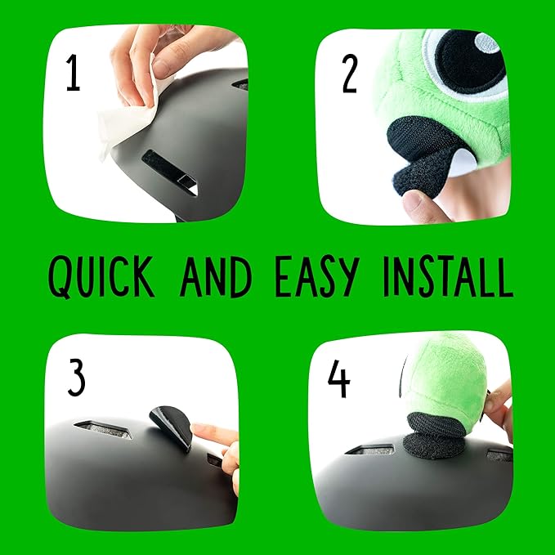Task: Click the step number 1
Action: coord(73,74)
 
